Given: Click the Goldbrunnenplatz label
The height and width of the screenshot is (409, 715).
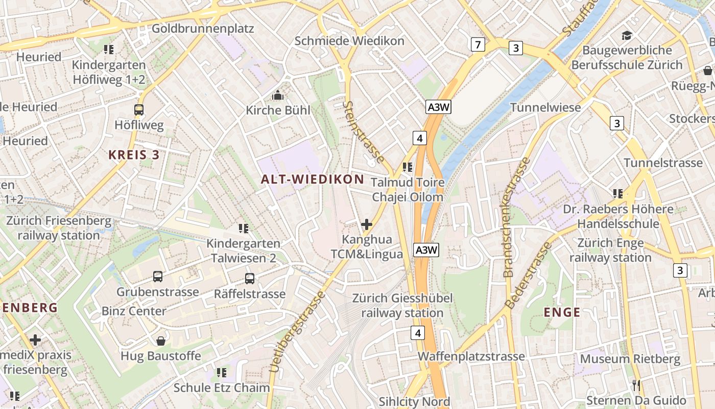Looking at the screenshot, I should click(203, 28).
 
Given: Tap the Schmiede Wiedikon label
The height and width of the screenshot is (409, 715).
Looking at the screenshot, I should click(349, 41).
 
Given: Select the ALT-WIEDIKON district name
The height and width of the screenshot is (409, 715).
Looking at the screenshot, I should click(313, 179).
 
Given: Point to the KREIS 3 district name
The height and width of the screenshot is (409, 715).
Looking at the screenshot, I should click(134, 155).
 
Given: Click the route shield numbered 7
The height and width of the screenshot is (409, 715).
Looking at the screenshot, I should click(478, 45).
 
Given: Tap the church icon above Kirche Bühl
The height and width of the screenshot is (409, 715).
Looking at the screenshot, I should click(278, 95).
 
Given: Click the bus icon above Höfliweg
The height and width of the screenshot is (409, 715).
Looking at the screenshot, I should click(138, 109).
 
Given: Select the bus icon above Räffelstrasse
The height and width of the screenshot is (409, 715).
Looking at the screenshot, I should click(249, 279).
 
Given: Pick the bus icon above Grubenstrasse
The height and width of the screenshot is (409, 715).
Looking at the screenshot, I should click(158, 277).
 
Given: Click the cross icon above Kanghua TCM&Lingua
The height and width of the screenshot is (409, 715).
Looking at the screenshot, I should click(367, 224).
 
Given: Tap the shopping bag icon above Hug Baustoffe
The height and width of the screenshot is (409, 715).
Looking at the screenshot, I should click(161, 340).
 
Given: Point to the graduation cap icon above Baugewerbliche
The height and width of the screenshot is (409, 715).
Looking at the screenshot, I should click(627, 35).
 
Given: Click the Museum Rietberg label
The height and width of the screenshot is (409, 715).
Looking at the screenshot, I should click(630, 359).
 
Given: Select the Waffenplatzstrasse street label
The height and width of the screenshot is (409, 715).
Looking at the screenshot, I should click(471, 356).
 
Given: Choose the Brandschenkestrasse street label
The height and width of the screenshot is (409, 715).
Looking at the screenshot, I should click(515, 217).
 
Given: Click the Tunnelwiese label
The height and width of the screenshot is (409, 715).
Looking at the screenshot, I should click(545, 107).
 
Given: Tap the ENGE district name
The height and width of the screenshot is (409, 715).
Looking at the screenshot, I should click(562, 312).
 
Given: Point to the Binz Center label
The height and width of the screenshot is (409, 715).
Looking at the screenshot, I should click(134, 311).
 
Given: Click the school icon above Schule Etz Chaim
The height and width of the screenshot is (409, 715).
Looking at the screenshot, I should click(221, 373).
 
